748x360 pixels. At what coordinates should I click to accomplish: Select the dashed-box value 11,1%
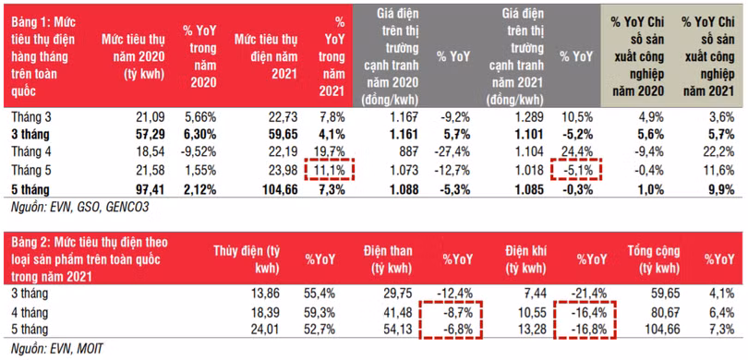329,171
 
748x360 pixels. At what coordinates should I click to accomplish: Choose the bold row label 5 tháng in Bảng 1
30,190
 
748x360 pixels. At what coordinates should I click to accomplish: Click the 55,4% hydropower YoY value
320,294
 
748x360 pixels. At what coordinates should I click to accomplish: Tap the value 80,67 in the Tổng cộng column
665,313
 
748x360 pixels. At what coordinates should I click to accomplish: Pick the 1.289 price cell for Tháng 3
529,117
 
